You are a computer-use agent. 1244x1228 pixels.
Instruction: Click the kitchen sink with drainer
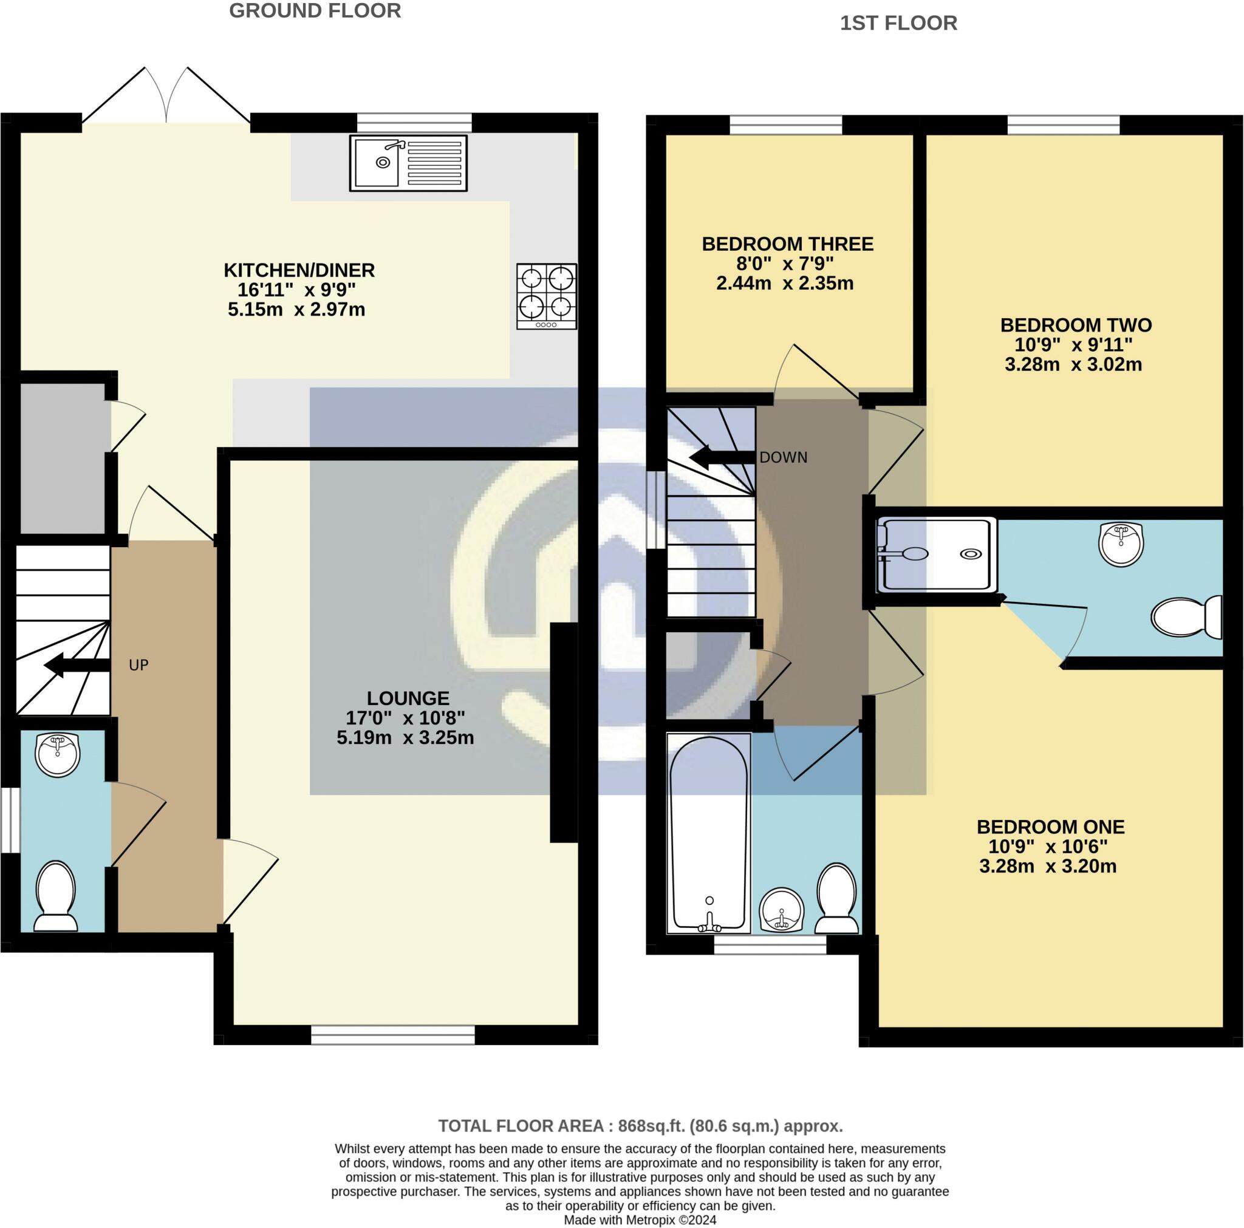408,163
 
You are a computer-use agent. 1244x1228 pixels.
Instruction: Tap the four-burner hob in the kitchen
546,296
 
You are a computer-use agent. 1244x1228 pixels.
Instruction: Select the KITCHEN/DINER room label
299,270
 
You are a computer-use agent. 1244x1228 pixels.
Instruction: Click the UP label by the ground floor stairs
138,665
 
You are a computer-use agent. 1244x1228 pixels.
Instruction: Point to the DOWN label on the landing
783,458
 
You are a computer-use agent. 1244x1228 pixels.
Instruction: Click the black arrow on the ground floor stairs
76,666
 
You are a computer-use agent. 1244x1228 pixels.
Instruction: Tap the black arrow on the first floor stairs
721,458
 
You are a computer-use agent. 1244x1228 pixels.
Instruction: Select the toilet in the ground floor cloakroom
55,896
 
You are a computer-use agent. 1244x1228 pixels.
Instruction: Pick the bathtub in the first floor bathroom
709,833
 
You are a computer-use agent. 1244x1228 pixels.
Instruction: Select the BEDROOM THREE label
787,244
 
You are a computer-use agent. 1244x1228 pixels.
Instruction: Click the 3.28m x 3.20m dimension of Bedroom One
1048,866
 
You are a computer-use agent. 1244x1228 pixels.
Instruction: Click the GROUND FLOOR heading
315,11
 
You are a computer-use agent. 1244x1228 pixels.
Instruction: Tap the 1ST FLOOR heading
898,23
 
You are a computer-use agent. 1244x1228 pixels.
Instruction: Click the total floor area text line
640,1126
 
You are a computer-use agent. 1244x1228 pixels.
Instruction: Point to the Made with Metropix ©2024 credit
640,1219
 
